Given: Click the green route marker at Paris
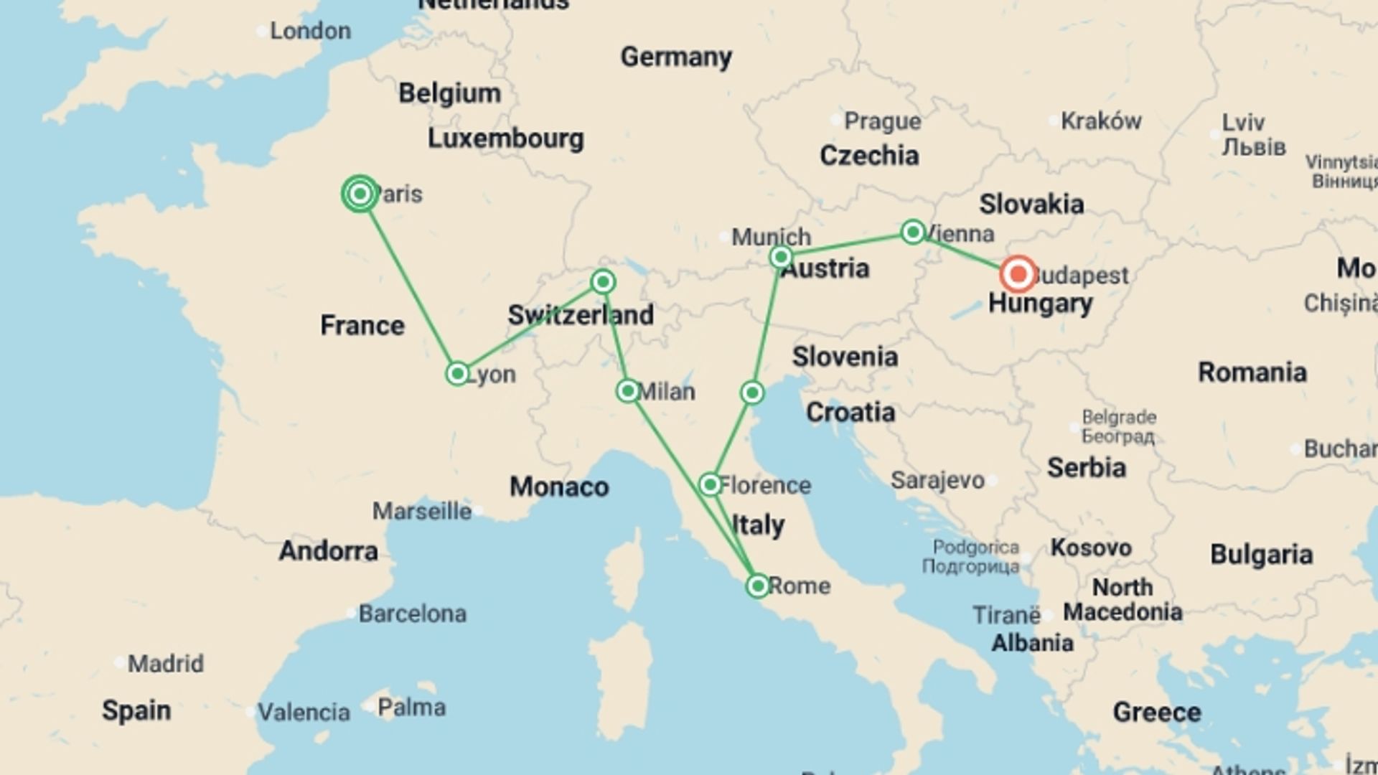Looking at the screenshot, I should click(360, 194).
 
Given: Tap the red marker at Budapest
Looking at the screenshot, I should click(1018, 274).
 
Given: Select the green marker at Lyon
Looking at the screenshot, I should click(457, 373).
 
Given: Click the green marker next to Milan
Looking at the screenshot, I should click(627, 391).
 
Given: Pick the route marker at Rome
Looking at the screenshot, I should click(757, 586).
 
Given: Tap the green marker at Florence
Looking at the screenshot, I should click(710, 484).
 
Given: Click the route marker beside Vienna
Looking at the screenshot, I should click(912, 232).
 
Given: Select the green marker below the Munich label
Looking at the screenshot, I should click(780, 257).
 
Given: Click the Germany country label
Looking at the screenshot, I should click(675, 57).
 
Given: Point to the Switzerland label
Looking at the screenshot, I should click(580, 314).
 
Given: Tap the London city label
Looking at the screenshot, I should click(310, 31).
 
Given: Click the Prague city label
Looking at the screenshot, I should click(882, 121).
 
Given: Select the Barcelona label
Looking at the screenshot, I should click(412, 614).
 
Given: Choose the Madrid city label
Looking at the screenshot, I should click(165, 663).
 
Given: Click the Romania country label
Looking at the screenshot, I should click(1252, 372).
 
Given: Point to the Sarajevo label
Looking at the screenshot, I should click(937, 480).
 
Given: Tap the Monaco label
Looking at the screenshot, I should click(558, 487).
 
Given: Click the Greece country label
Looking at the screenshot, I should click(1156, 712).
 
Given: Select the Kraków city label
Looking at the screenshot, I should click(1100, 121).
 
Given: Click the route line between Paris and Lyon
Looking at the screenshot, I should click(409, 284).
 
